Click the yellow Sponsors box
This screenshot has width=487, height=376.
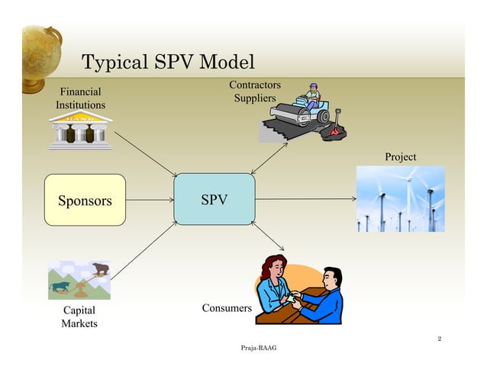pos(84,200)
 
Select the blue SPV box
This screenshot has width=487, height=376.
pos(214,200)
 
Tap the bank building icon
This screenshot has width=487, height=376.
pos(79,130)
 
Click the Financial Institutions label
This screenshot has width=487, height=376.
pos(80,98)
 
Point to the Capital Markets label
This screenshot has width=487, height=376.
pos(79,317)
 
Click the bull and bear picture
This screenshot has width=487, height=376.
pos(79,280)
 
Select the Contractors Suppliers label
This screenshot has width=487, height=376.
pos(255,92)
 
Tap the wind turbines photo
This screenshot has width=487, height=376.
pos(400,199)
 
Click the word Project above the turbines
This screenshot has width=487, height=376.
pos(401,157)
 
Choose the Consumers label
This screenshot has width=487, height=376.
pos(226,308)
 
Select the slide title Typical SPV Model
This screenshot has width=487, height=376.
pos(168,62)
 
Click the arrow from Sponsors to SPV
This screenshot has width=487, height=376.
pos(149,201)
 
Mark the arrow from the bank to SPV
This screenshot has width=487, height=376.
pos(145,156)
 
